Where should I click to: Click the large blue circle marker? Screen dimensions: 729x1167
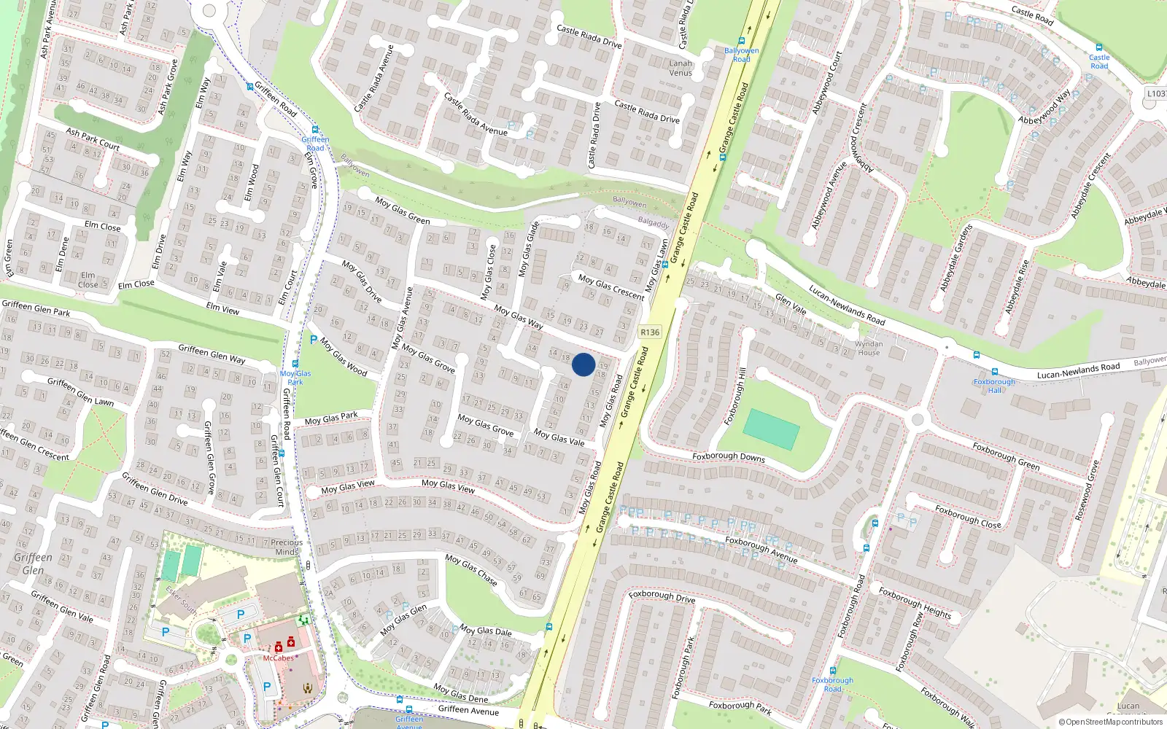583,364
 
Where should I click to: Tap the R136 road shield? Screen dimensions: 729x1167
649,332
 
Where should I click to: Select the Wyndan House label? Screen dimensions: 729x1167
868,348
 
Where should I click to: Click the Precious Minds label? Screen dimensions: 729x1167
287,547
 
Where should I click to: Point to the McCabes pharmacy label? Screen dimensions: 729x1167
279,658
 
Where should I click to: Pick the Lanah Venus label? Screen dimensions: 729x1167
681,68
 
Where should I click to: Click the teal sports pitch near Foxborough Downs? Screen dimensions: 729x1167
772,429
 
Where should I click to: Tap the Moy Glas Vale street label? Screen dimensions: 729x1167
559,437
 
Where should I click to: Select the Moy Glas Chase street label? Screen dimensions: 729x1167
471,570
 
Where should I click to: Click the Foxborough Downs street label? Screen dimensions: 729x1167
728,457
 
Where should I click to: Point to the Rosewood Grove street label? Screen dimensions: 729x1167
1086,490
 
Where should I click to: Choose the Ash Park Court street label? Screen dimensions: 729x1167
93,139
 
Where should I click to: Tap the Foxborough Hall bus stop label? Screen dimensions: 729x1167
994,386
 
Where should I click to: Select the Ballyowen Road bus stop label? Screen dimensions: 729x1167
742,55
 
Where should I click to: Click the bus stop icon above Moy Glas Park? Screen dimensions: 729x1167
295,364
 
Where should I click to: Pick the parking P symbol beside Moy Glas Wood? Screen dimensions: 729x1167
314,340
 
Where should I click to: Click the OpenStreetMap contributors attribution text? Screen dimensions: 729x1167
1110,722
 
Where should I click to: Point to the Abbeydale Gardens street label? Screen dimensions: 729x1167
957,258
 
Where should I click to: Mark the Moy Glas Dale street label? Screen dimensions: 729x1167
485,631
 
